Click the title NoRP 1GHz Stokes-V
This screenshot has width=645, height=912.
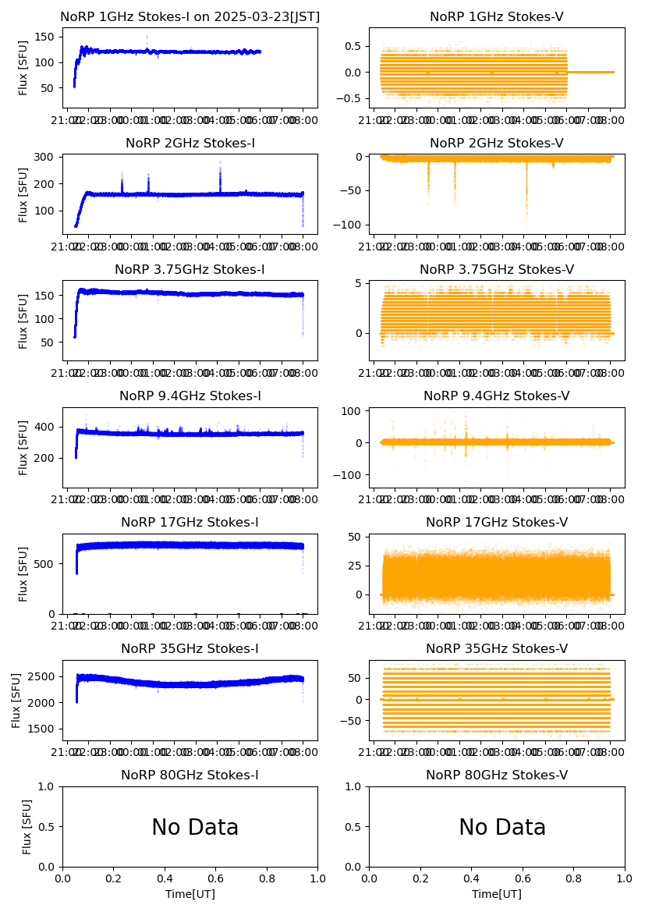pos(497,17)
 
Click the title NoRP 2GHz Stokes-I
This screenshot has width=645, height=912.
pos(190,144)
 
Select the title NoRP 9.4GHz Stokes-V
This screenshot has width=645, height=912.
pos(497,396)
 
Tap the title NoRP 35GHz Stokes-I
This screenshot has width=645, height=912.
pos(190,649)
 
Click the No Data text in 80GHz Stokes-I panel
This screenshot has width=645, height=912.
pos(195,828)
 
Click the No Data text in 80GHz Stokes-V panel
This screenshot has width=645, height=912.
pos(502,828)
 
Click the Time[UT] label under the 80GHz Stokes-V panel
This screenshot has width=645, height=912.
pos(497,894)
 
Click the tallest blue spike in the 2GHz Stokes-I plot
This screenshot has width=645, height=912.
pos(220,163)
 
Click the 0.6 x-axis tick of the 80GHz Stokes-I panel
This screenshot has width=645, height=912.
pos(216,878)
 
